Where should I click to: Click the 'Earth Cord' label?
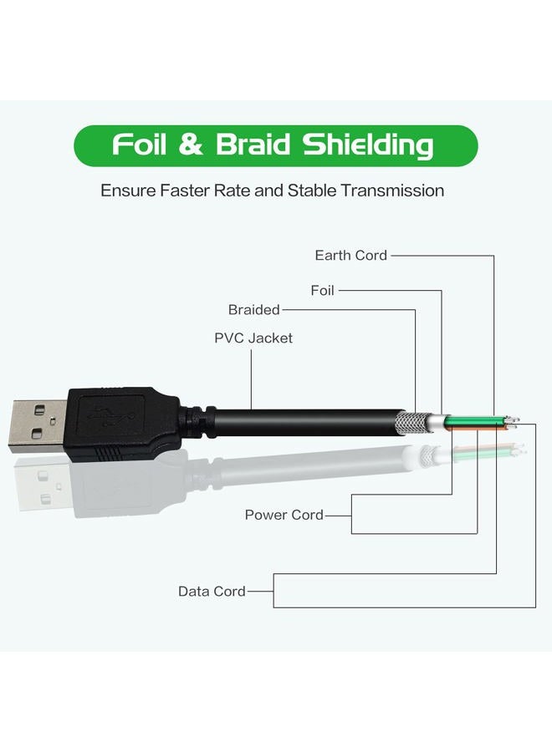tap(351, 255)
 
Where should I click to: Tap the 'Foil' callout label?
tap(322, 290)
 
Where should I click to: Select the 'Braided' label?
tap(254, 310)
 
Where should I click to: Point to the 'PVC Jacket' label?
tap(253, 338)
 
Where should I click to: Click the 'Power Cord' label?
tap(284, 515)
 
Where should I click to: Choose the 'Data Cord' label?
tap(212, 592)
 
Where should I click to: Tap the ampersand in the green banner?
tap(191, 145)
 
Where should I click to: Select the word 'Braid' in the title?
tap(253, 144)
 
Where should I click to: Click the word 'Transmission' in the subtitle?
tap(392, 191)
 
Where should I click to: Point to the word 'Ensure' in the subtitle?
tap(128, 191)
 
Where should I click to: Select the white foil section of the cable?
tap(437, 422)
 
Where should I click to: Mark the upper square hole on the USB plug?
tap(39, 410)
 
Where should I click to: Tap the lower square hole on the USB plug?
tap(38, 434)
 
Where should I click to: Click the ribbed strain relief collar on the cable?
tap(198, 423)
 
